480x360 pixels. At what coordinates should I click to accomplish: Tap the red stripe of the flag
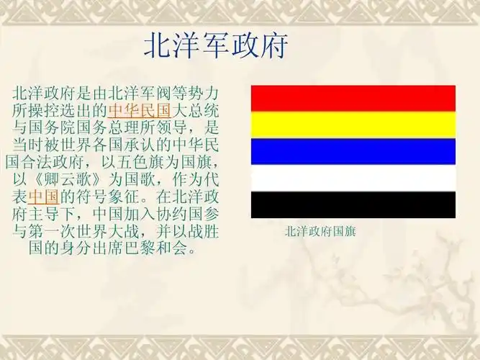tap(353, 98)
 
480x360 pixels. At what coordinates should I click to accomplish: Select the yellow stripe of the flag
tap(353, 125)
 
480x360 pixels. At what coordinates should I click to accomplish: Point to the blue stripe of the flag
tap(353, 151)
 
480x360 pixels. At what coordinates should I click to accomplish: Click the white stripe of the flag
tap(353, 178)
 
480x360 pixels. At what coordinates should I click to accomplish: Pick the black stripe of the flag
tap(353, 204)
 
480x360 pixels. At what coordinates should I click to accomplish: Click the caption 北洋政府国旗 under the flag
tap(320, 232)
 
